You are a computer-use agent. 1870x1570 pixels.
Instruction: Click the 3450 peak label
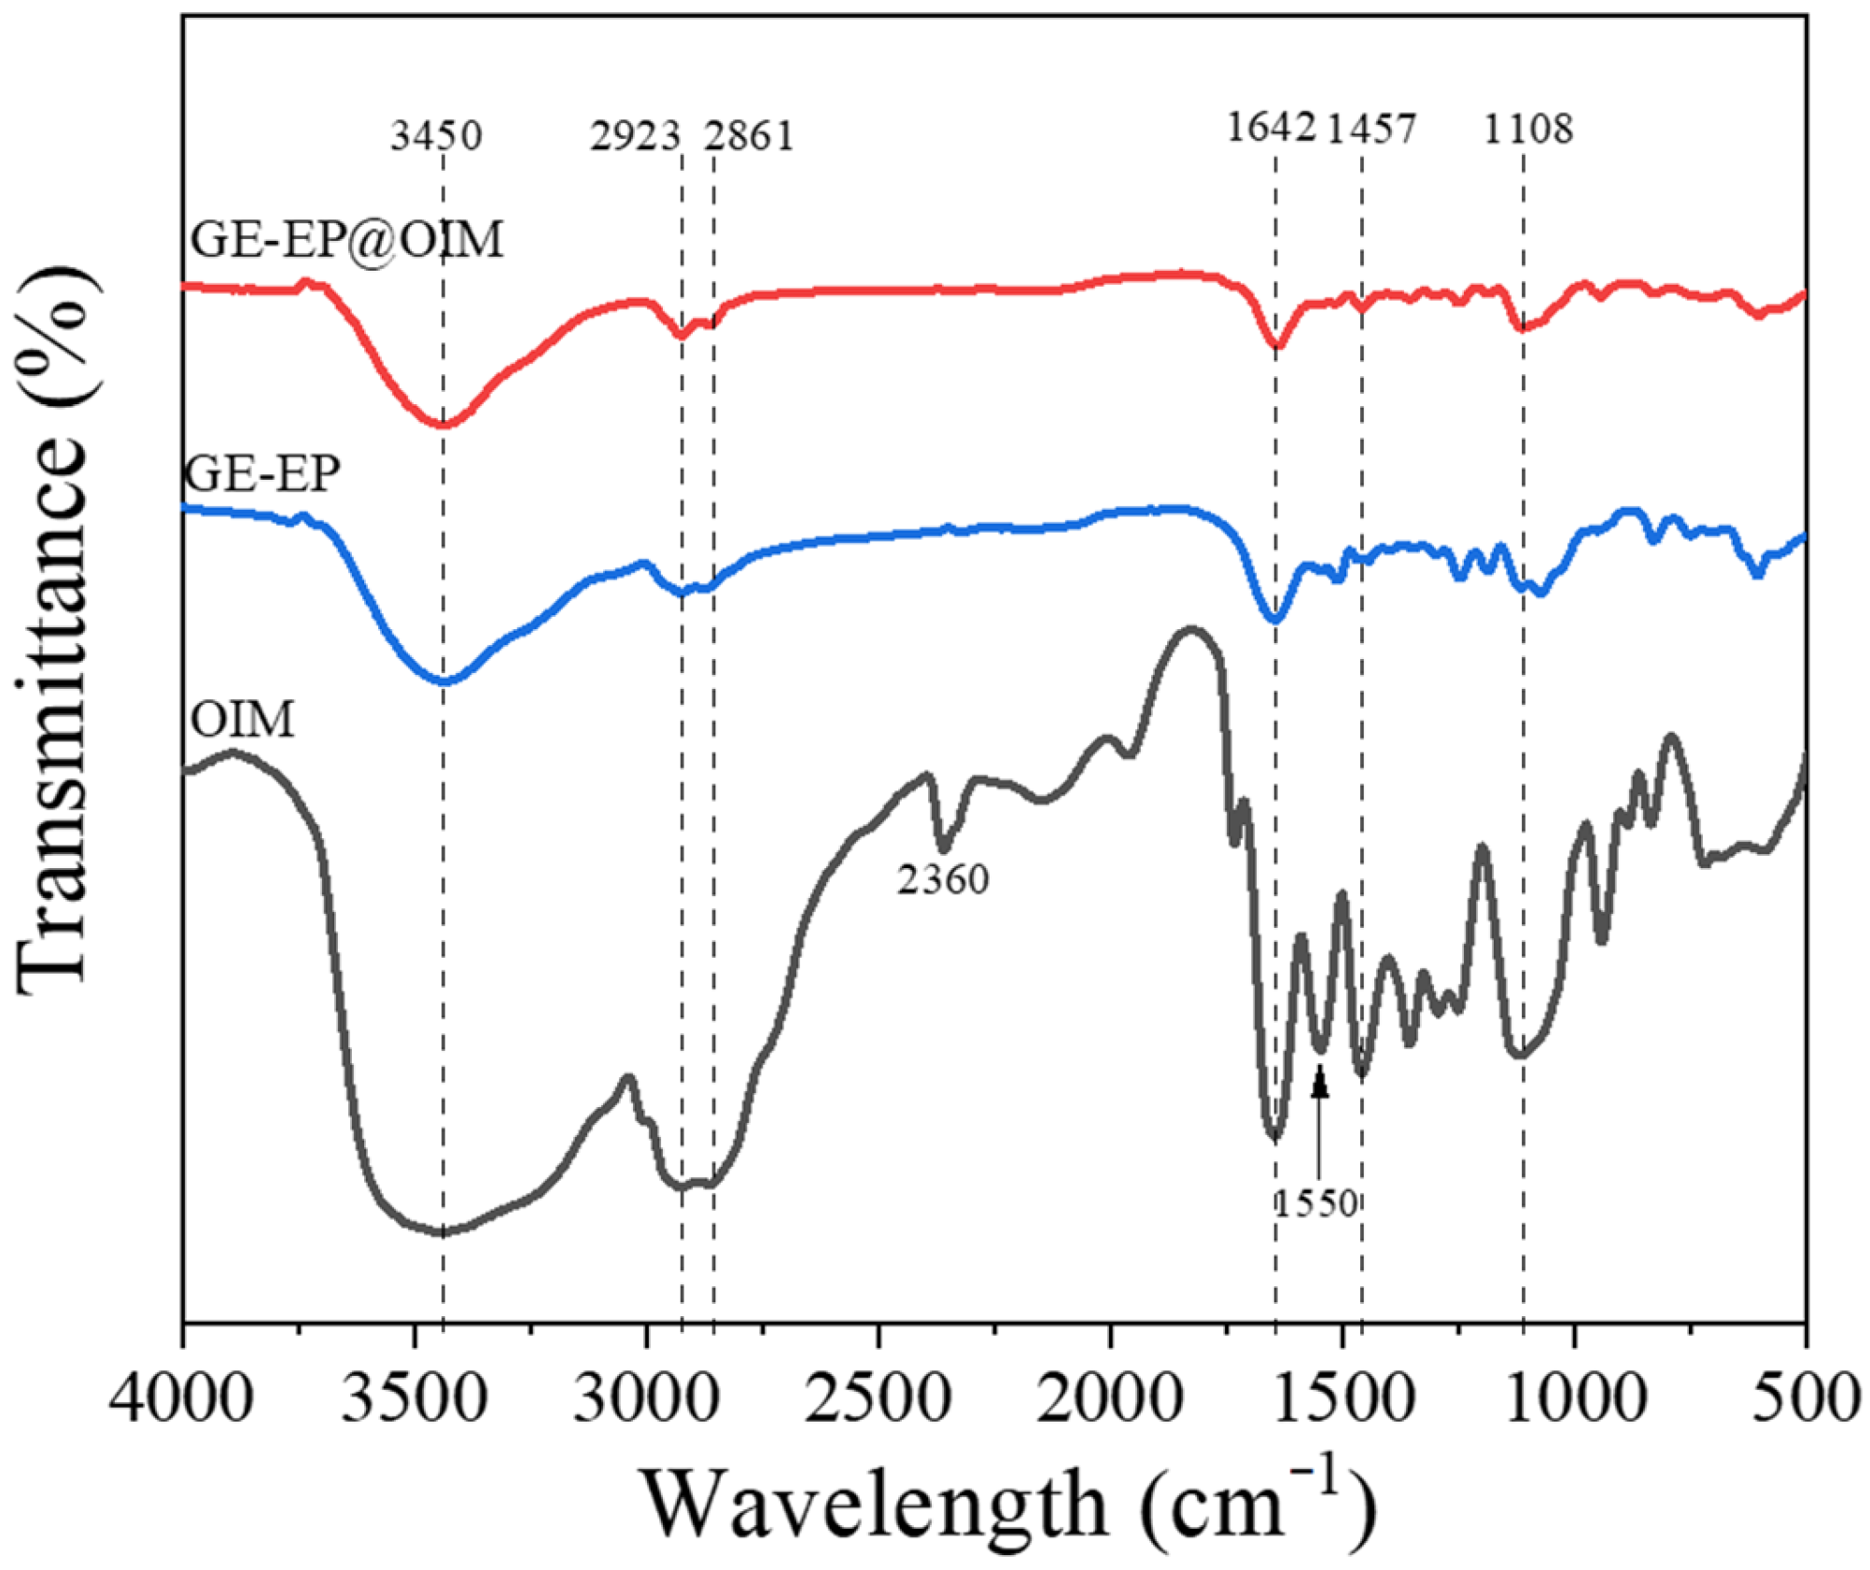(436, 135)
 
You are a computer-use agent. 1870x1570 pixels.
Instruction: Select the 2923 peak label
(635, 135)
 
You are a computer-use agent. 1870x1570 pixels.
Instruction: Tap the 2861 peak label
(749, 135)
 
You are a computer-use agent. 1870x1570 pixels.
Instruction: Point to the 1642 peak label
(1271, 127)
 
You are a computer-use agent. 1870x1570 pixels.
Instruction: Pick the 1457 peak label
(1371, 127)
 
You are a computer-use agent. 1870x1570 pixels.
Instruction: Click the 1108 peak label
(1528, 127)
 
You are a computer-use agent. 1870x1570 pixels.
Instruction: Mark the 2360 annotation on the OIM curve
(943, 879)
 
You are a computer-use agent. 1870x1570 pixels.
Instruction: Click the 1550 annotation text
(1316, 1203)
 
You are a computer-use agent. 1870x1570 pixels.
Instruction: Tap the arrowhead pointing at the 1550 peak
(1319, 1084)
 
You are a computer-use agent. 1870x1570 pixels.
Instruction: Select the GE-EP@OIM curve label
(346, 239)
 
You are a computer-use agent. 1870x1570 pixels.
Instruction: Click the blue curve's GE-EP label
(263, 473)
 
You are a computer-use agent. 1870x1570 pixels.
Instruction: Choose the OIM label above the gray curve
(242, 720)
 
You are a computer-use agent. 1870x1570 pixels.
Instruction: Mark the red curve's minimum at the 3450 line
(443, 425)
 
